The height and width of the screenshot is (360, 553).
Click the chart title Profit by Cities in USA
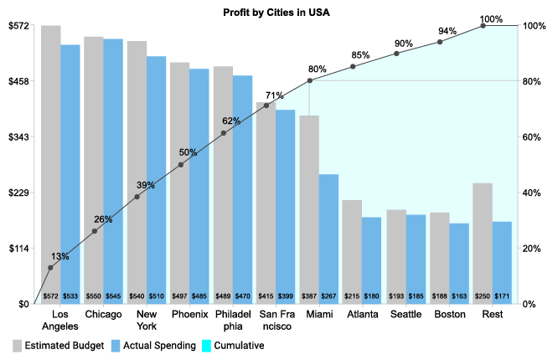click(276, 13)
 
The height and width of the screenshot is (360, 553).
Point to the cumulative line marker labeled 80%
click(310, 80)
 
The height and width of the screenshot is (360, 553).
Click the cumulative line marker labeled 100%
click(483, 26)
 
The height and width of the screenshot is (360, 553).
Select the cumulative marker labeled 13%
click(50, 268)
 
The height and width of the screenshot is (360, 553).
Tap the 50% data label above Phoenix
click(188, 153)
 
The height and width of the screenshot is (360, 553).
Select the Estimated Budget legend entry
click(59, 345)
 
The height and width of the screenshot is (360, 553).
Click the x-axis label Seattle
click(406, 315)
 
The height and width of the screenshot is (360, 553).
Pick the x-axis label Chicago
click(104, 315)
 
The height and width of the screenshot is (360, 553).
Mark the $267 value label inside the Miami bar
click(329, 296)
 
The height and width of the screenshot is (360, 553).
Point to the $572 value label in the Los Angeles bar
click(50, 296)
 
